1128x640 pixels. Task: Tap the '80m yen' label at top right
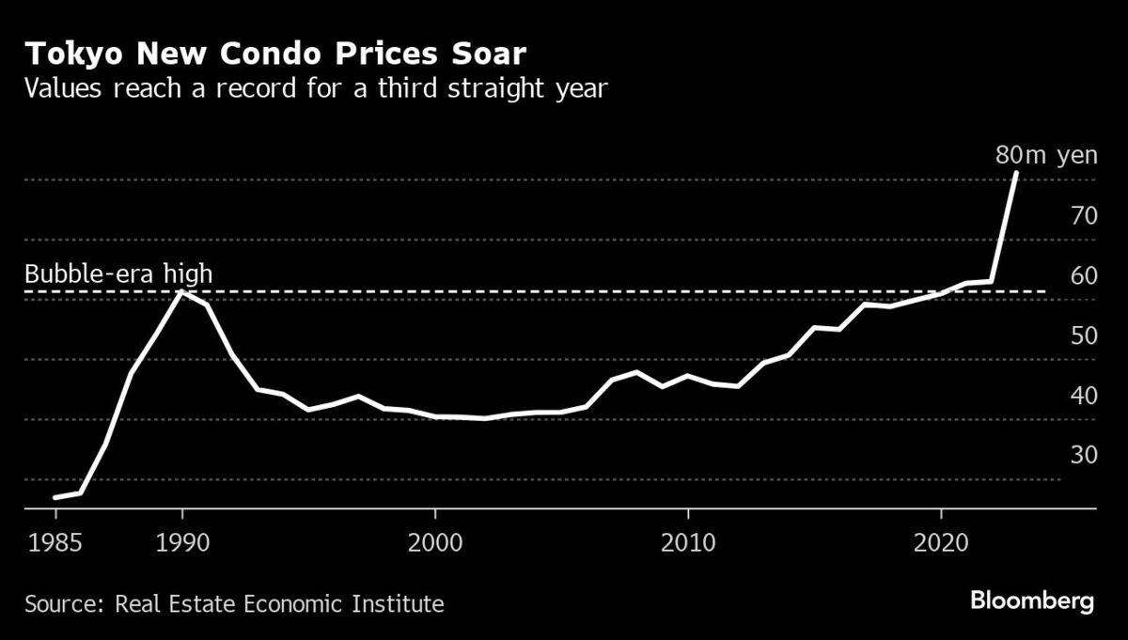[1046, 155]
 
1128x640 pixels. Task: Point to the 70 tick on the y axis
[1084, 216]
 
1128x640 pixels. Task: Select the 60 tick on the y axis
[1084, 276]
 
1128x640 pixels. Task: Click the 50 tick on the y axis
[1084, 336]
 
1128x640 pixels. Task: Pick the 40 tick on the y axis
[1084, 396]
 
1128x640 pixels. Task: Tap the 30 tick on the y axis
[1084, 455]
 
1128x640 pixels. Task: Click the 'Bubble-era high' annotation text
[118, 274]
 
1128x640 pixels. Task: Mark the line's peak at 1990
[181, 292]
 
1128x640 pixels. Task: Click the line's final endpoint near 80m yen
[1016, 173]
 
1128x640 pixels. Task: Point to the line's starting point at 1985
[55, 497]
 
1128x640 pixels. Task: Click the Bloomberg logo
[1032, 601]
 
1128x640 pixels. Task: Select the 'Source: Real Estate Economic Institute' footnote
[234, 602]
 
